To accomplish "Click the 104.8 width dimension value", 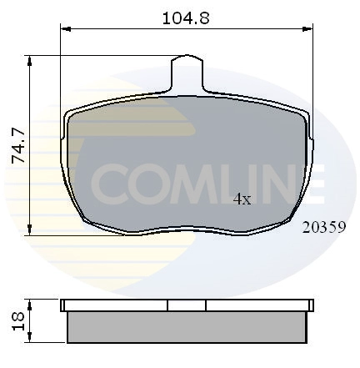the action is [x=186, y=18].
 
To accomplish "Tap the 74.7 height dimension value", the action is [x=18, y=145].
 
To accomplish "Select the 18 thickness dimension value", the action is [x=18, y=321].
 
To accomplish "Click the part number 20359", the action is [x=324, y=227].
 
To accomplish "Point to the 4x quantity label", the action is [x=242, y=199].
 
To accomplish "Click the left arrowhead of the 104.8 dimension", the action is [x=66, y=28].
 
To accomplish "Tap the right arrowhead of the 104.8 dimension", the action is [x=307, y=28].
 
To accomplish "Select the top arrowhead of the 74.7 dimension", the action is [x=29, y=61].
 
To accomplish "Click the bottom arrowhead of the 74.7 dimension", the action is [x=29, y=230].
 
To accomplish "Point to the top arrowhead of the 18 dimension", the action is [x=30, y=305].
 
